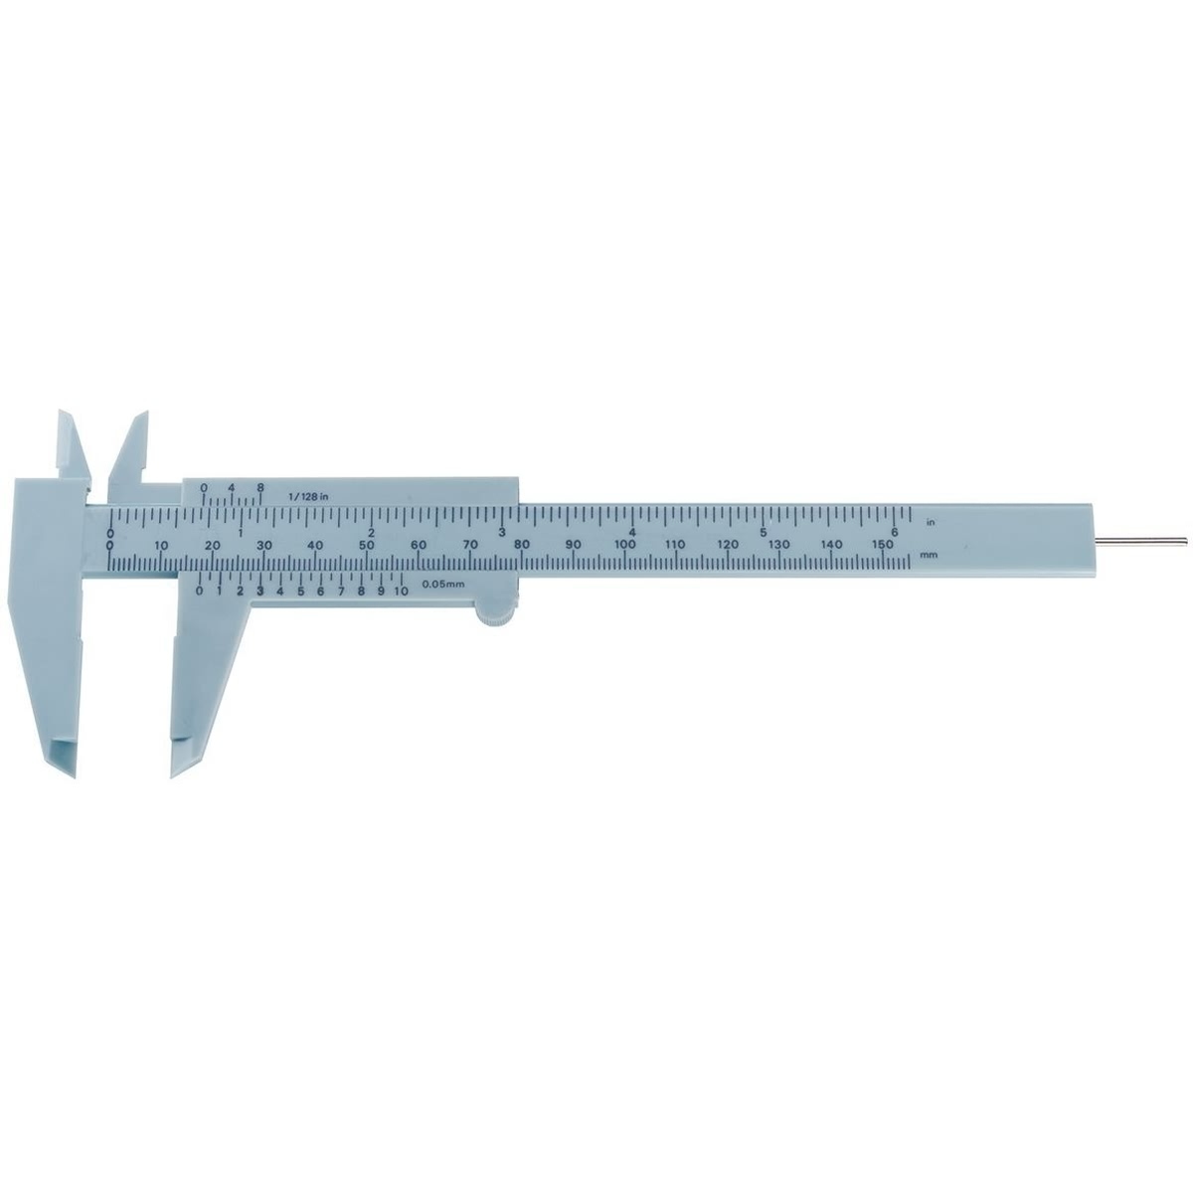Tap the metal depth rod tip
[x=1186, y=541]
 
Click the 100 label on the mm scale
[x=625, y=544]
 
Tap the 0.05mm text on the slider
[x=443, y=584]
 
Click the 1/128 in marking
[x=308, y=496]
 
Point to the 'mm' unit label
[x=929, y=555]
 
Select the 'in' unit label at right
[x=930, y=523]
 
